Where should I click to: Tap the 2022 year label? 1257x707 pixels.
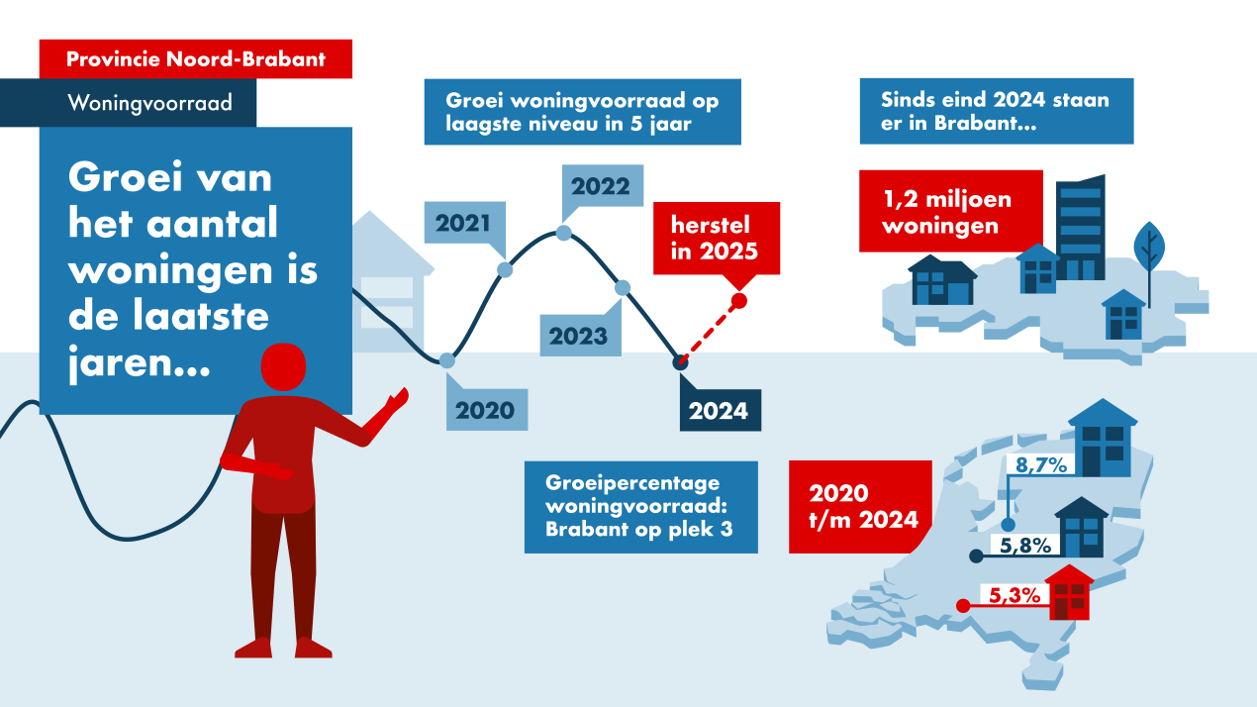(602, 186)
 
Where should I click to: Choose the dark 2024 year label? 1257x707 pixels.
(720, 411)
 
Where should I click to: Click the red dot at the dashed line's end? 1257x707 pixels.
(739, 301)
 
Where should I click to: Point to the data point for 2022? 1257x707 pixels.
(563, 233)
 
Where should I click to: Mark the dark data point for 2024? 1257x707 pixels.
(680, 362)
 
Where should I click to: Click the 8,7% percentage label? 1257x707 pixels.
(1041, 465)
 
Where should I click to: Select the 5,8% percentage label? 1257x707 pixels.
(1025, 545)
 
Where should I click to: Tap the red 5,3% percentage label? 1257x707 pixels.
(1015, 595)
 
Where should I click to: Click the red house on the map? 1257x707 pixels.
(1069, 592)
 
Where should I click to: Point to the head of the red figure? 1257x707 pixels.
(283, 366)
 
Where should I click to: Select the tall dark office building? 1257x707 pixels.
(1080, 228)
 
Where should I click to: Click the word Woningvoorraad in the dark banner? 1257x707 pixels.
(149, 103)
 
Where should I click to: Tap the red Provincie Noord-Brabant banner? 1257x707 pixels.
(196, 59)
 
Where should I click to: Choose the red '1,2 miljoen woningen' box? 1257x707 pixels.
(951, 211)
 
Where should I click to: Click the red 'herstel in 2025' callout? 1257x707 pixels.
(717, 239)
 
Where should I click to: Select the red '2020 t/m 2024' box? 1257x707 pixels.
(861, 507)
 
